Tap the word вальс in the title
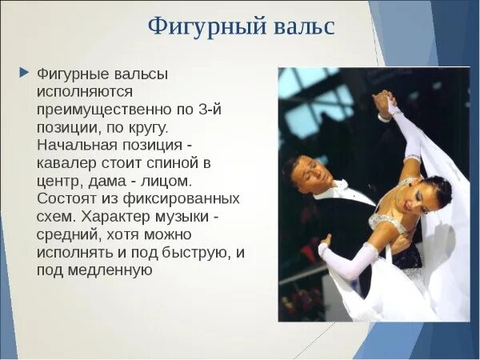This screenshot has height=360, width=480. tap(302, 26)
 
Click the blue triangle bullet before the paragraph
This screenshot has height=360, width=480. tap(23, 72)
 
